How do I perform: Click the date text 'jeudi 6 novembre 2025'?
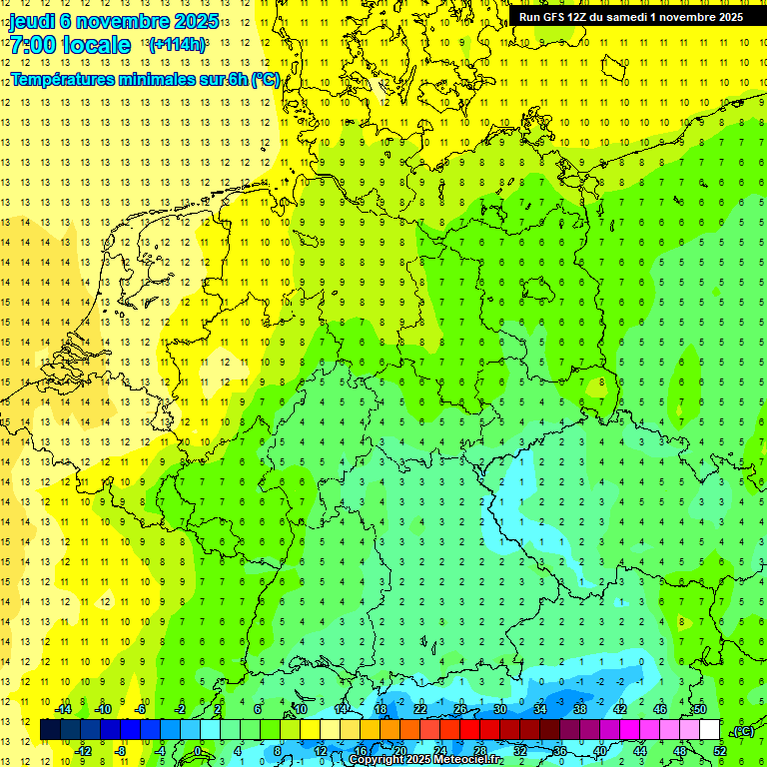[114, 21]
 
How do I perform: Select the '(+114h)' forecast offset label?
[177, 45]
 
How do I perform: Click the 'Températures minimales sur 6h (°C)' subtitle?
[145, 80]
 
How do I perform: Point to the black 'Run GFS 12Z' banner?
[631, 17]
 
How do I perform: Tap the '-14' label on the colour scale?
[64, 709]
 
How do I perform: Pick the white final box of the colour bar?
[709, 730]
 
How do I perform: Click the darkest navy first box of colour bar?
[50, 730]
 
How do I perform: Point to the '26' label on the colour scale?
[460, 709]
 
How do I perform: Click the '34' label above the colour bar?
[540, 709]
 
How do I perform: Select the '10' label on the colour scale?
[300, 709]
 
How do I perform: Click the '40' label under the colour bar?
[599, 751]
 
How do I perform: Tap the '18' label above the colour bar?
[381, 709]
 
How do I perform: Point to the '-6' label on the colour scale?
[143, 709]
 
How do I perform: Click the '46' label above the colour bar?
[659, 709]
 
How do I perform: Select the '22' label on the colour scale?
[420, 709]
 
